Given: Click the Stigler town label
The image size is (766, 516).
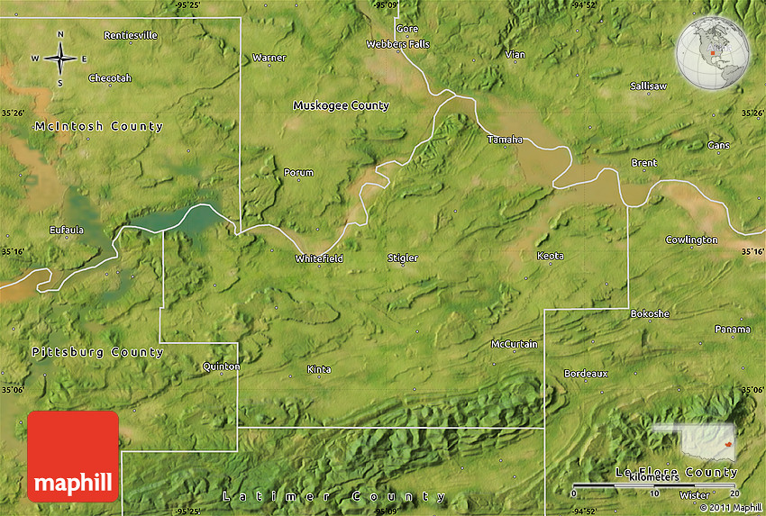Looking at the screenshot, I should [x=402, y=258].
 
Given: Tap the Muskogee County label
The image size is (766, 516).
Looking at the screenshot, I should [x=341, y=106].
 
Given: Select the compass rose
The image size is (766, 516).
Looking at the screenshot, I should [x=60, y=59].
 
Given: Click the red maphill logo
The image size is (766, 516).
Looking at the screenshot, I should [x=73, y=456].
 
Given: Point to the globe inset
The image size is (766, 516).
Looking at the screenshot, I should [x=712, y=53].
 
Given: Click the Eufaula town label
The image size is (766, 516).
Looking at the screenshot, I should [x=67, y=231].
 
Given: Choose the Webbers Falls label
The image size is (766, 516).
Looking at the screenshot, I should [x=397, y=44].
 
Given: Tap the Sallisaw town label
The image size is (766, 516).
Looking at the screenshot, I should [x=648, y=86].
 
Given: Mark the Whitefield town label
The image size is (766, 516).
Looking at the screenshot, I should [x=319, y=259].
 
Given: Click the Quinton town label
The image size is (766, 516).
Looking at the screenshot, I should [x=222, y=367].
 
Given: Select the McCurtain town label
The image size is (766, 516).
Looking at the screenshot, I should [x=514, y=345].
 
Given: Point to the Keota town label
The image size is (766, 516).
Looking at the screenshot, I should [x=550, y=257].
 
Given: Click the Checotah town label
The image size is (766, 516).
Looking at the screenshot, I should [x=110, y=78].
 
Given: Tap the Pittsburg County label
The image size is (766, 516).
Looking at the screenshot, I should [x=97, y=352].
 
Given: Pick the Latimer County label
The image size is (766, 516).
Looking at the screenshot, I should [x=333, y=497].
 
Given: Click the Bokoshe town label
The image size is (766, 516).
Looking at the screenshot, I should [x=650, y=313].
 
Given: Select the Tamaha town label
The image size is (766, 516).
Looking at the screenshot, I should [x=505, y=140].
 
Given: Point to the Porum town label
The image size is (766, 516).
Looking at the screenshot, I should [x=298, y=173].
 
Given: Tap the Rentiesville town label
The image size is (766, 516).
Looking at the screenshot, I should [x=131, y=36].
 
